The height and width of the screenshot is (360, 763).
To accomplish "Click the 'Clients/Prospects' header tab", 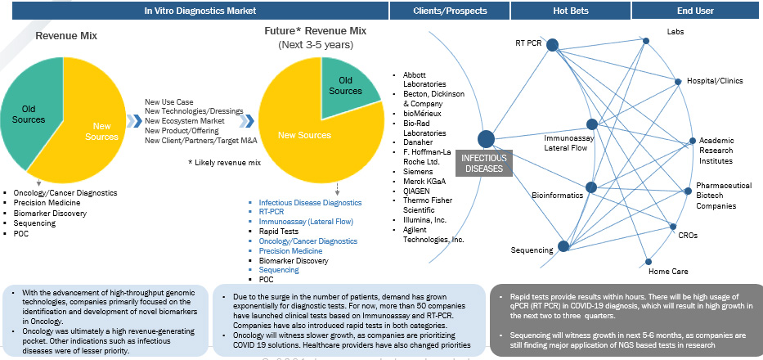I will (451, 11).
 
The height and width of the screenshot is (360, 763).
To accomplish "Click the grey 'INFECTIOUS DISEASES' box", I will (484, 163).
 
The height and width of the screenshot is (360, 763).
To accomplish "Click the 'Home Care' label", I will (668, 271).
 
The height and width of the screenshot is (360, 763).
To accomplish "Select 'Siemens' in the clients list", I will (419, 171).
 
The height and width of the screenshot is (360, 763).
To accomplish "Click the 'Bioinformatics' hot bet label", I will (557, 196).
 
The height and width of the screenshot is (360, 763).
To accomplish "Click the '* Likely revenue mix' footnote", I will (223, 162).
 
